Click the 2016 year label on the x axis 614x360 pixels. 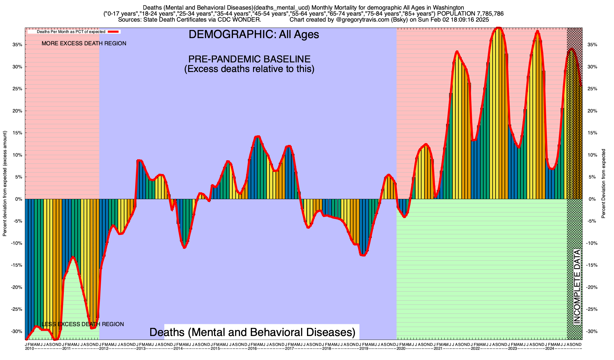tap(252, 349)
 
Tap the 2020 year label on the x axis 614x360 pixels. tap(401, 349)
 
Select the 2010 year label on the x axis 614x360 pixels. tap(29, 349)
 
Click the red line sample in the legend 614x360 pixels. tap(114, 31)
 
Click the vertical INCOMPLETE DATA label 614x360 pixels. tap(577, 286)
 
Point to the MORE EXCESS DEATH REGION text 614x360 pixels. tap(84, 43)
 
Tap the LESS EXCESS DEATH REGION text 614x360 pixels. tap(83, 324)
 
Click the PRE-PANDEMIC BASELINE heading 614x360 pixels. tap(249, 59)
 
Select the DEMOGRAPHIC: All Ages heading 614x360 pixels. tap(254, 34)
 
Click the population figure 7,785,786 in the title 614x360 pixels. tap(486, 13)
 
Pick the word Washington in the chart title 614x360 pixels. tap(441, 7)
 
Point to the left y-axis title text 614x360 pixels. tap(5, 184)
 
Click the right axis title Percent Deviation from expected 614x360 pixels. tap(604, 184)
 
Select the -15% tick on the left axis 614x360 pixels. tap(17, 265)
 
